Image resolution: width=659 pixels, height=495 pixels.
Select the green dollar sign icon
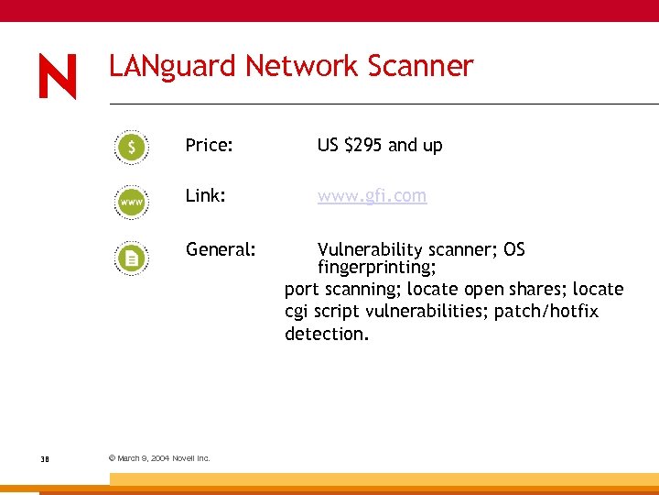coord(132,147)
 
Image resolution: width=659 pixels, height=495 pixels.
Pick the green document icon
coord(132,259)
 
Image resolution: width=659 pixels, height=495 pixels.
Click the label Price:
coord(209,145)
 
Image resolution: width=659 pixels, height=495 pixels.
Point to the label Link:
coord(205,196)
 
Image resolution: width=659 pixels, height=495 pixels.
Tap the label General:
coord(220,249)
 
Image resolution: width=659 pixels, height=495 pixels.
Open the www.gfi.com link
coord(372,196)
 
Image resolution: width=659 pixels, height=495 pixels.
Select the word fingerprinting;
coord(376,268)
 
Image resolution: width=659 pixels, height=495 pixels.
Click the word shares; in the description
coord(536,290)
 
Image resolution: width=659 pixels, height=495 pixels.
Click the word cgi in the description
coord(297,313)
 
